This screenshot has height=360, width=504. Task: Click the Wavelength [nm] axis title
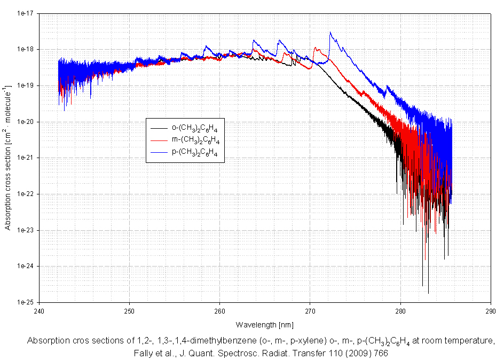tap(264, 324)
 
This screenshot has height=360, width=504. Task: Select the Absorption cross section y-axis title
tap(8, 157)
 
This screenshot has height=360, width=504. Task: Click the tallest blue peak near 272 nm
tap(331, 33)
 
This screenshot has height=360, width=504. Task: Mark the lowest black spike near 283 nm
tap(428, 293)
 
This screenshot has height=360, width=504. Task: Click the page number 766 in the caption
tap(377, 353)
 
